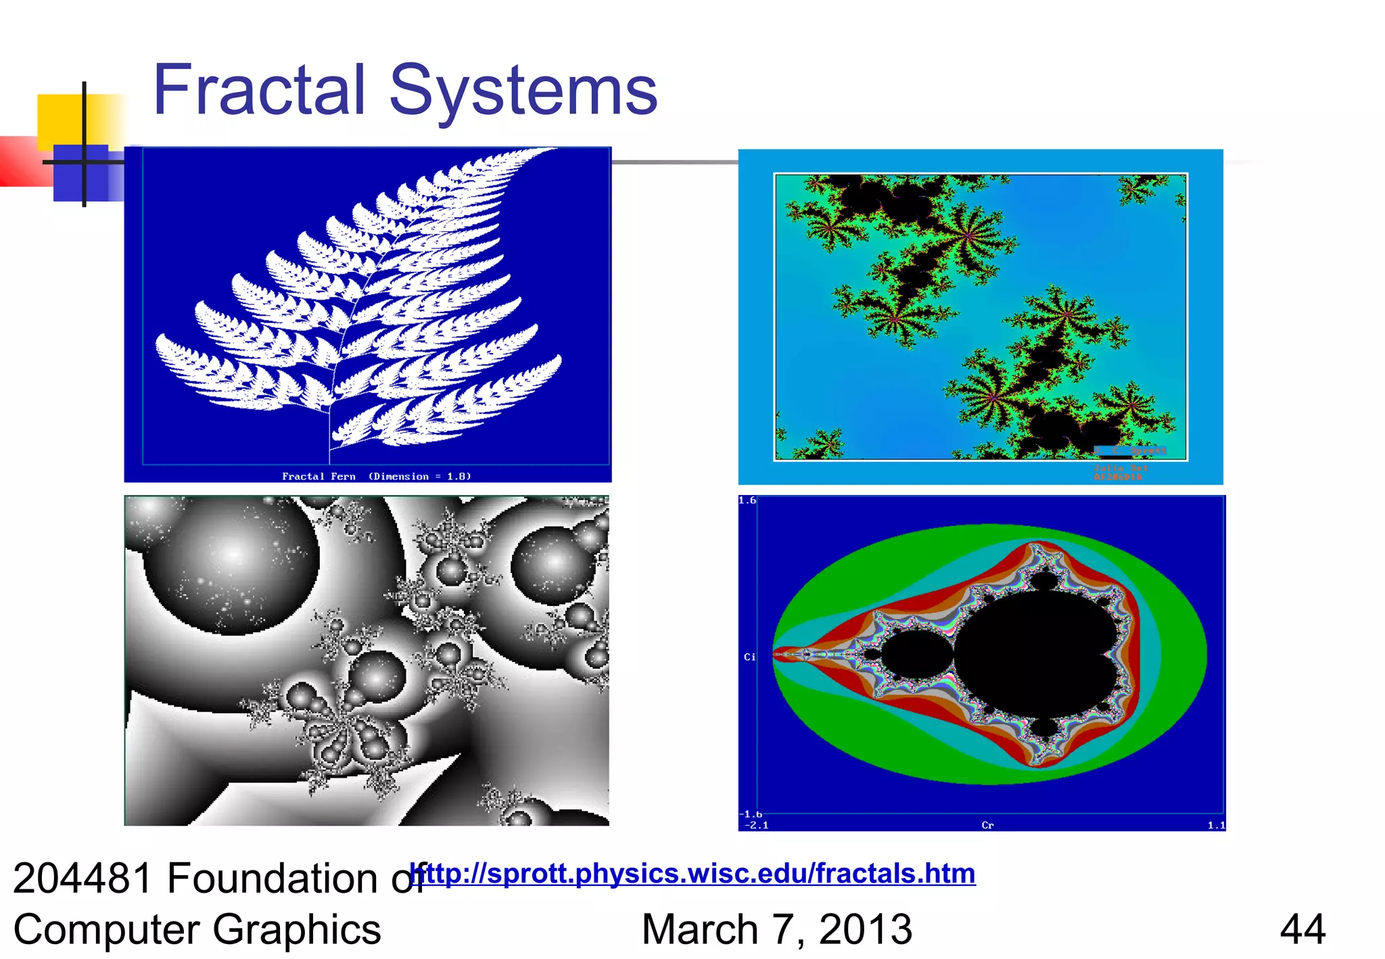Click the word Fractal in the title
click(x=259, y=90)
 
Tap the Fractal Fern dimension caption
click(x=376, y=476)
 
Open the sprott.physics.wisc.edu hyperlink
click(x=693, y=873)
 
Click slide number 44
click(x=1302, y=929)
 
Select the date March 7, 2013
click(x=776, y=929)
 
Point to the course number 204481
click(x=83, y=879)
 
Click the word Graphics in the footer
click(x=296, y=929)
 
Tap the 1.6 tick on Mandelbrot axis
click(x=747, y=500)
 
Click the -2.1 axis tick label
click(x=756, y=825)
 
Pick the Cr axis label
click(x=987, y=825)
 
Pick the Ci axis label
click(x=749, y=657)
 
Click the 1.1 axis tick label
click(x=1216, y=825)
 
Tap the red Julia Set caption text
click(x=1120, y=468)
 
